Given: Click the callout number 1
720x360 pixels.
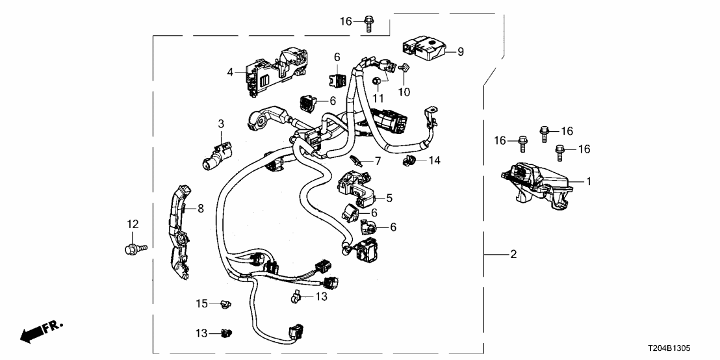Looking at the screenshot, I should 589,182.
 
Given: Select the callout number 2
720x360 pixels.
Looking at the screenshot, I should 513,255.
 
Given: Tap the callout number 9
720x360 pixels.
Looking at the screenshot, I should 460,51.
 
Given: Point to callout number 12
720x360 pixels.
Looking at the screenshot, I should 133,224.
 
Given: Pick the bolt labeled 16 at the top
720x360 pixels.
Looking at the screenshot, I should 369,22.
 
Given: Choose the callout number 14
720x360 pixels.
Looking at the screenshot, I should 434,160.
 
